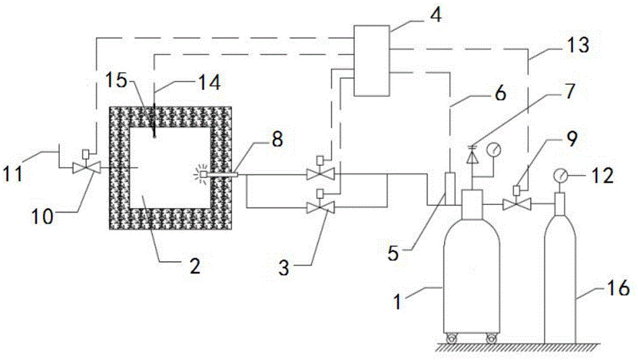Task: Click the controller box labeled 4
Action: pos(371,61)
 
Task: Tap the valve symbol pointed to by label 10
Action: pos(87,167)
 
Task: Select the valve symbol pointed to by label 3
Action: pos(321,207)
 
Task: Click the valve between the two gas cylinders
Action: pos(517,204)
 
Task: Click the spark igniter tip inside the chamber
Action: pos(202,175)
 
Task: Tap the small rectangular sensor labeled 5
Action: pos(450,188)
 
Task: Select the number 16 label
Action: pos(618,288)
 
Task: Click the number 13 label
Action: pos(577,45)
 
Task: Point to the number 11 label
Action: pos(13,174)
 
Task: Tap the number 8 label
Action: pos(277,139)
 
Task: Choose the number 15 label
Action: pos(117,80)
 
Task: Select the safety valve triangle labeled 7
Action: pos(472,156)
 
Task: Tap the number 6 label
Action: pos(500,93)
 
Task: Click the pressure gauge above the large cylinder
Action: pos(494,149)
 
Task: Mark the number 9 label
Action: pos(572,139)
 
